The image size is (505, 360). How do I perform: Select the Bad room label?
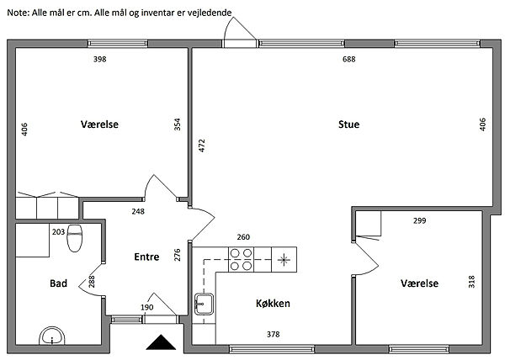(58, 284)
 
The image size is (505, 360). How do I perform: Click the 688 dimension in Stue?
(348, 60)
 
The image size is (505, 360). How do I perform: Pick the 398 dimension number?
(100, 60)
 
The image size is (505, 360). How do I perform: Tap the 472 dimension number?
(201, 145)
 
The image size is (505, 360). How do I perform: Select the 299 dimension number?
(420, 221)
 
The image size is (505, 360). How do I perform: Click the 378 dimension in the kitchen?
(273, 335)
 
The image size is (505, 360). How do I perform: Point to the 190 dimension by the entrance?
(146, 308)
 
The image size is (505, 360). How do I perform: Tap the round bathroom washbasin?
(52, 338)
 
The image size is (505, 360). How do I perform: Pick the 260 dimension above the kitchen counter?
(244, 237)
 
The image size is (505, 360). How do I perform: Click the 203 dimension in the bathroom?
(58, 231)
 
